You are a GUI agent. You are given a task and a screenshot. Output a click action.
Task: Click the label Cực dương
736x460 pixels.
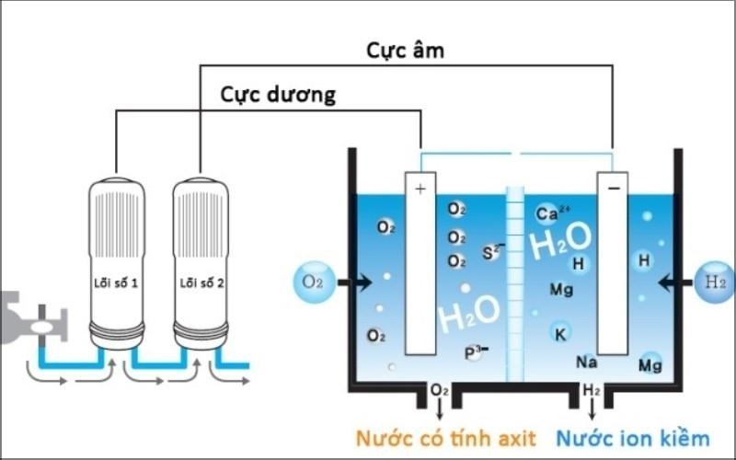[x=278, y=95]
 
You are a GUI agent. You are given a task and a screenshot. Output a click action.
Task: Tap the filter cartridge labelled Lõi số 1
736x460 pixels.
[x=116, y=258]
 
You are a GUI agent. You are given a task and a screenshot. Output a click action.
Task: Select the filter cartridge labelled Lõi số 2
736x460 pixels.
[x=201, y=258]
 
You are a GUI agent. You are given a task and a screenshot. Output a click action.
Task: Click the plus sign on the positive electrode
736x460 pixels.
[x=420, y=189]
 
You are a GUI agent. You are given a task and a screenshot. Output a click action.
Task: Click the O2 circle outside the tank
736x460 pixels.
[x=314, y=282]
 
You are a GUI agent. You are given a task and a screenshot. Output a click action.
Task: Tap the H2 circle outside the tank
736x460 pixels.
[x=716, y=282]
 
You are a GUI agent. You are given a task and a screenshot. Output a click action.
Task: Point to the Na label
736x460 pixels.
[x=587, y=362]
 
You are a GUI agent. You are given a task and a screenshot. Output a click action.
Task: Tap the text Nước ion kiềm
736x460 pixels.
[x=633, y=438]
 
